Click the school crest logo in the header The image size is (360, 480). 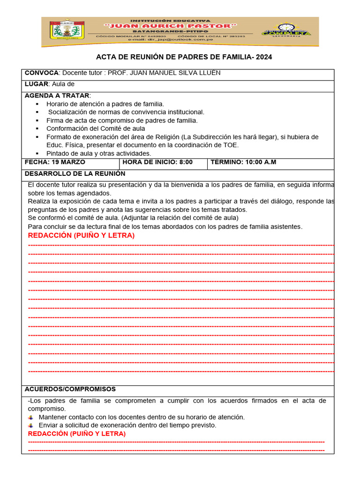click(x=67, y=32)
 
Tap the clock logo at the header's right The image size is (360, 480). click(x=285, y=32)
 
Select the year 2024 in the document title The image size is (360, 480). click(x=264, y=57)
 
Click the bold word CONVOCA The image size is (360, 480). click(x=41, y=73)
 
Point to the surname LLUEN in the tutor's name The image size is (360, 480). click(x=209, y=73)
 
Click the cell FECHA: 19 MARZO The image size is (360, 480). click(x=55, y=162)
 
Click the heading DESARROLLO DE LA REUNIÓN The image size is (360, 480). click(x=75, y=173)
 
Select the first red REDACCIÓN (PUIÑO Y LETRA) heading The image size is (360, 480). click(x=81, y=235)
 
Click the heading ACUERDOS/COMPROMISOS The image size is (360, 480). click(x=70, y=390)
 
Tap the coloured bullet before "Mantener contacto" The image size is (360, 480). click(x=30, y=417)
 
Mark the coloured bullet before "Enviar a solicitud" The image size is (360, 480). click(x=30, y=426)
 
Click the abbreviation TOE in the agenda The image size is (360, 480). click(x=231, y=145)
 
